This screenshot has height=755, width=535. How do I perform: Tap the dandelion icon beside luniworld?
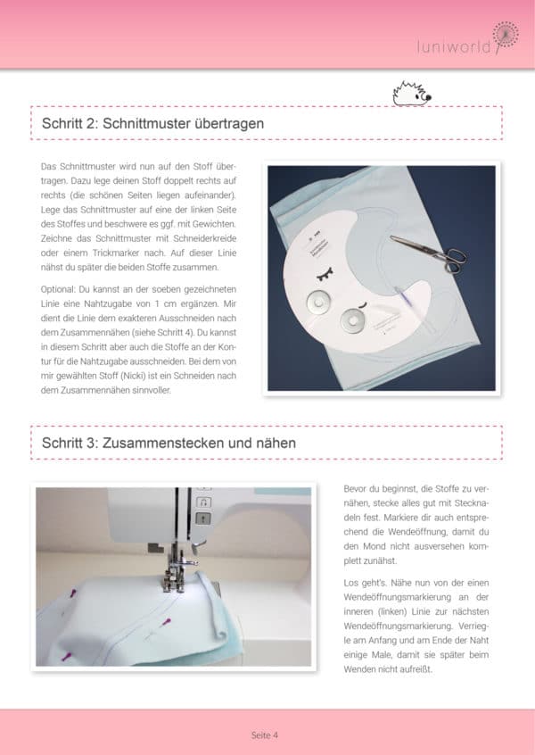pyautogui.click(x=505, y=34)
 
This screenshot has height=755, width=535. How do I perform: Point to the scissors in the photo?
pyautogui.click(x=430, y=252)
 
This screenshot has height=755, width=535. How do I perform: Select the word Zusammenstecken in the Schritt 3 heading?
pyautogui.click(x=157, y=442)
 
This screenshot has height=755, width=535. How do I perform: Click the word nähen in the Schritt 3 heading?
pyautogui.click(x=275, y=442)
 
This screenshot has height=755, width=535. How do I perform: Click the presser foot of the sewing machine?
pyautogui.click(x=170, y=581)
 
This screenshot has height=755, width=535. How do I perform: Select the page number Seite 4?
pyautogui.click(x=265, y=735)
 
